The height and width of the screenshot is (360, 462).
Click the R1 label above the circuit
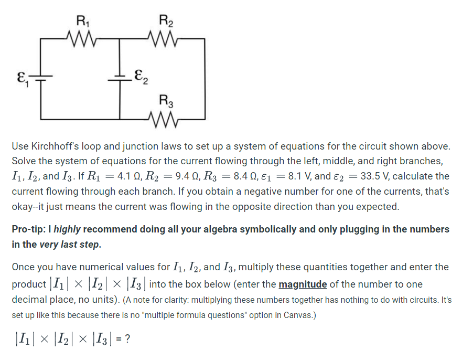coord(83,22)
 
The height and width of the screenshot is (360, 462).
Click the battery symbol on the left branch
coord(41,79)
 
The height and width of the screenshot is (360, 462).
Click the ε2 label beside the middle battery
coord(141,78)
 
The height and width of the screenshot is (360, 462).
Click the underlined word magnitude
coord(303,284)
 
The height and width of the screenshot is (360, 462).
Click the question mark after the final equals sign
coord(127,340)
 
